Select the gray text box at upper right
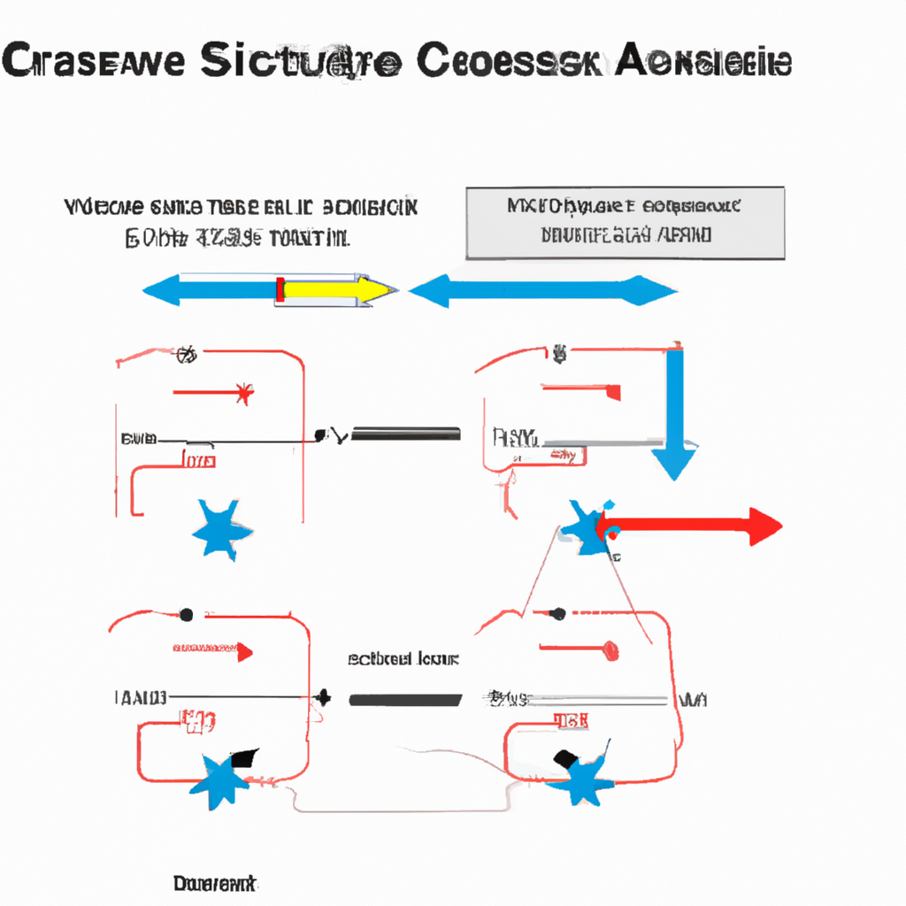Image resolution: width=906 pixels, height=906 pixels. pos(625,223)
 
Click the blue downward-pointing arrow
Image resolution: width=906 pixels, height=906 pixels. pos(675,416)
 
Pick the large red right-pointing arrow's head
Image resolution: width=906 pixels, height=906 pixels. pos(764,526)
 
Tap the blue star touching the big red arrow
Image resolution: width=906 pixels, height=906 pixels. pos(584,527)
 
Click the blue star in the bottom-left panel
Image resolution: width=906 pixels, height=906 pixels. pos(217,779)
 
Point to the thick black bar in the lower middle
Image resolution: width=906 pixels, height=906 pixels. pos(405,700)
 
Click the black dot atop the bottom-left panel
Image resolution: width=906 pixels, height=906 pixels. pos(186,613)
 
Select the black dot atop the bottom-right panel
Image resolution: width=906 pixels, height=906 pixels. pos(558,612)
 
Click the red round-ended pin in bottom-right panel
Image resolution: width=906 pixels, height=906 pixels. pos(610,651)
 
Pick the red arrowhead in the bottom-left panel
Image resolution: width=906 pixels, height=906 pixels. pos(245,653)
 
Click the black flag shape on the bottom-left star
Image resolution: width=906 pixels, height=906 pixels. pos(243,758)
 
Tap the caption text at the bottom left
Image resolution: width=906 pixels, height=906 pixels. pos(214,884)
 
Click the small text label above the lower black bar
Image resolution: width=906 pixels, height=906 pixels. pos(403,659)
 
